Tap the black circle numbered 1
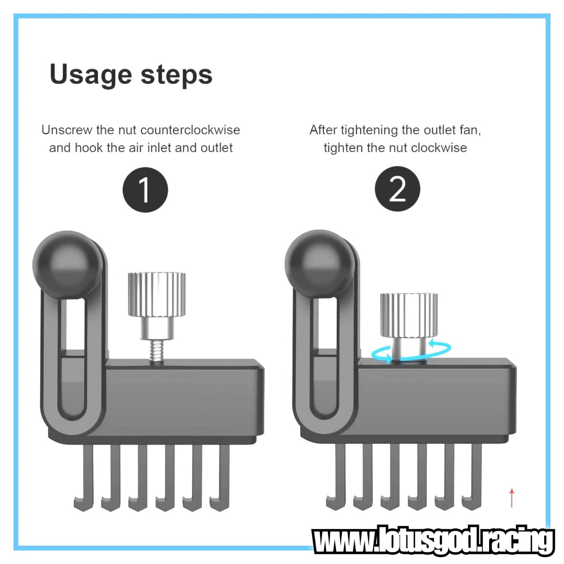[x=145, y=190]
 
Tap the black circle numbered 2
[x=397, y=189]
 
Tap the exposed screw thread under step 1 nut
[x=156, y=350]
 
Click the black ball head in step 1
[x=67, y=265]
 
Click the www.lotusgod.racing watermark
[x=433, y=540]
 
